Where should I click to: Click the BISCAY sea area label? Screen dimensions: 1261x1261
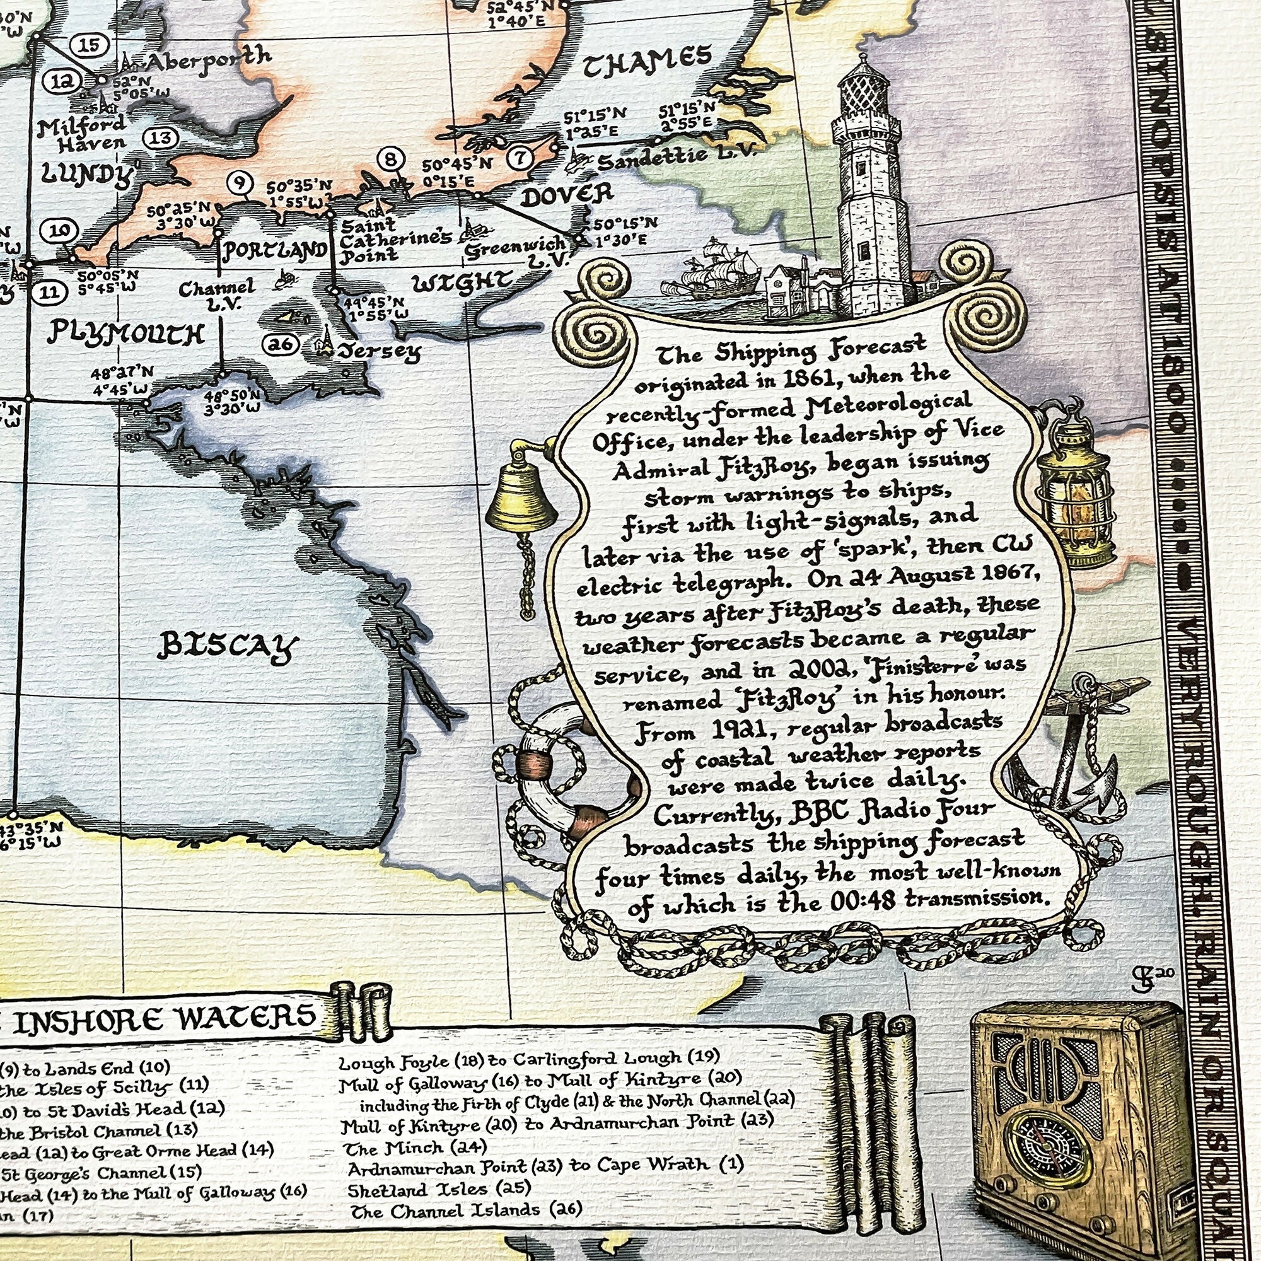[227, 646]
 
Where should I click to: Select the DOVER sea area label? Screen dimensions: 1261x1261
[567, 194]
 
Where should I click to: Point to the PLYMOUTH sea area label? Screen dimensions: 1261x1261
[125, 334]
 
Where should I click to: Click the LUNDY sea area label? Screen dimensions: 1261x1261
[86, 173]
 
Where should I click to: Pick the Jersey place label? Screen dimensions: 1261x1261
[378, 353]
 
